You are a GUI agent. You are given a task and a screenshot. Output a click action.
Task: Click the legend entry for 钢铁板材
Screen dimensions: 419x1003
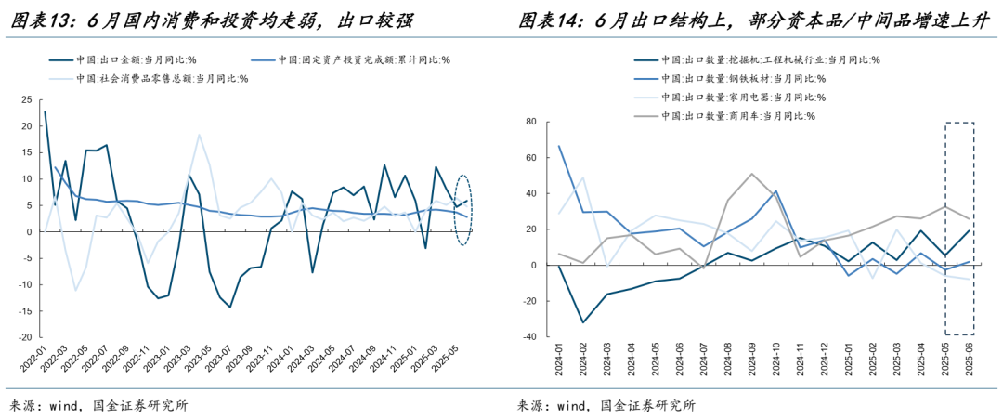743,78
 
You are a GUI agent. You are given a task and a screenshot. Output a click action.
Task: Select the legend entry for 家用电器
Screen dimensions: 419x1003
743,97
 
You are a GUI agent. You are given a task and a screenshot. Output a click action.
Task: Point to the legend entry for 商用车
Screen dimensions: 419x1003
737,116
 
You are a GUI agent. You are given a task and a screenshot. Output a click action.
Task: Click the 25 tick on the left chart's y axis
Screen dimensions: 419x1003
27,99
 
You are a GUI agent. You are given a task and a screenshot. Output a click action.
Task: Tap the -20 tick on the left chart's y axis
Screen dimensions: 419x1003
25,337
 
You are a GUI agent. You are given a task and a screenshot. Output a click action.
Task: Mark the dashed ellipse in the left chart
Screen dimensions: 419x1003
465,211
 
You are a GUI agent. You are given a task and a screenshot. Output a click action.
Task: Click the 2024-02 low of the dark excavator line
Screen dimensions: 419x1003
582,322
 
